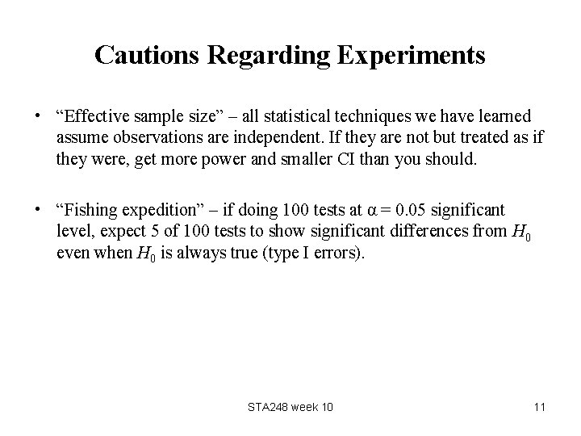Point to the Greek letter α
(371, 212)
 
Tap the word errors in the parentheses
(341, 254)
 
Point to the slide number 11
(539, 407)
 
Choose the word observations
(140, 137)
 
